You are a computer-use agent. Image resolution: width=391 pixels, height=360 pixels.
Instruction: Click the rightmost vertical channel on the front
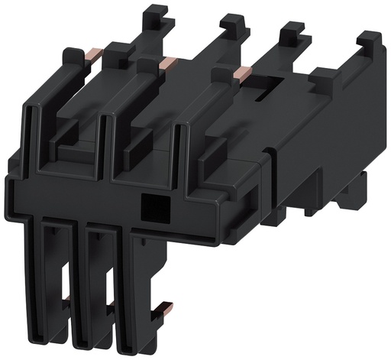click(182, 149)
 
